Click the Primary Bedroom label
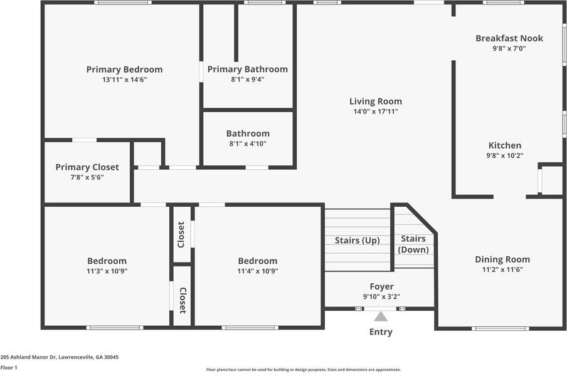click(124, 70)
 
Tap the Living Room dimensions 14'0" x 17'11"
click(376, 112)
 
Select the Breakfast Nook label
click(509, 38)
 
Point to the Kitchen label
click(505, 145)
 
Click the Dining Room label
click(502, 259)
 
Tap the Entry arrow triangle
click(381, 317)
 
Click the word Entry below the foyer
click(381, 332)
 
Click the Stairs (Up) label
click(357, 241)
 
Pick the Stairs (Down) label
click(413, 244)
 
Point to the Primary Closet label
click(87, 167)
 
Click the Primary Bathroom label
click(248, 70)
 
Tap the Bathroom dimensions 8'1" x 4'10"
click(248, 144)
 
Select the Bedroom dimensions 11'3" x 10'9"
click(107, 271)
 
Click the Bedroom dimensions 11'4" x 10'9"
click(257, 271)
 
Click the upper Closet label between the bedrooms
click(181, 234)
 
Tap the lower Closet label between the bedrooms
click(183, 300)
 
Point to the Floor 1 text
click(9, 368)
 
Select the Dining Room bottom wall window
click(500, 328)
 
